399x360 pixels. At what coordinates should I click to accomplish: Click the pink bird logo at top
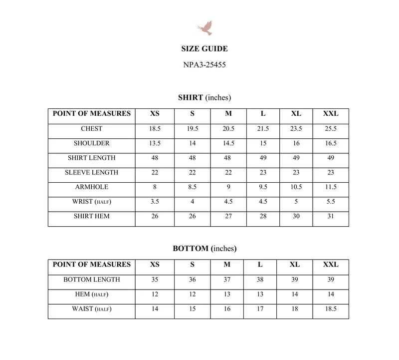coord(205,27)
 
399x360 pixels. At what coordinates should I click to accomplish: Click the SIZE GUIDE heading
coord(204,49)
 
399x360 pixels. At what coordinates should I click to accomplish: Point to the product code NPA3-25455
coord(204,64)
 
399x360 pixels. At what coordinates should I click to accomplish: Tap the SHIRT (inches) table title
coord(204,97)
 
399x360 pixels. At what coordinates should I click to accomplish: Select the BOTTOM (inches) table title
coord(204,248)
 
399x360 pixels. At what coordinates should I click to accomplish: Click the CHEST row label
coord(92,129)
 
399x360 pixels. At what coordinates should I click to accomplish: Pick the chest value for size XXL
coord(331,129)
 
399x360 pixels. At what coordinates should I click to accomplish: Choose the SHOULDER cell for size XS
coord(155,143)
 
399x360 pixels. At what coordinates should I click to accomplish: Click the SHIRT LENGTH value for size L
coord(263,158)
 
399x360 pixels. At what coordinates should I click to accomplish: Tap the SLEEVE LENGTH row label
coord(92,172)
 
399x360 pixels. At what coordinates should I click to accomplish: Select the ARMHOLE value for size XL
coord(296,187)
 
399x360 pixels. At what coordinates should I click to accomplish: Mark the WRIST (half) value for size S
coord(193,202)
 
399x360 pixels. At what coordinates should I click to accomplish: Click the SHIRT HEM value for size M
coord(228,216)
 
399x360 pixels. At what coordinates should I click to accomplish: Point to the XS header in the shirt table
coord(155,114)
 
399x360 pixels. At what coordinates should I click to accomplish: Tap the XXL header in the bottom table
coord(331,265)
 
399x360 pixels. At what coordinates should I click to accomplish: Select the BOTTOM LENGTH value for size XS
coord(155,280)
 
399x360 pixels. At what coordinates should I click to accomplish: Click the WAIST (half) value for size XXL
coord(331,309)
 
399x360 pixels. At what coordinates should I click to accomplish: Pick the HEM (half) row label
coord(92,295)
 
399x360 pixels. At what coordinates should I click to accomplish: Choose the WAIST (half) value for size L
coord(260,309)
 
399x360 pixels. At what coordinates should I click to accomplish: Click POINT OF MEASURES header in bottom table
coord(92,265)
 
